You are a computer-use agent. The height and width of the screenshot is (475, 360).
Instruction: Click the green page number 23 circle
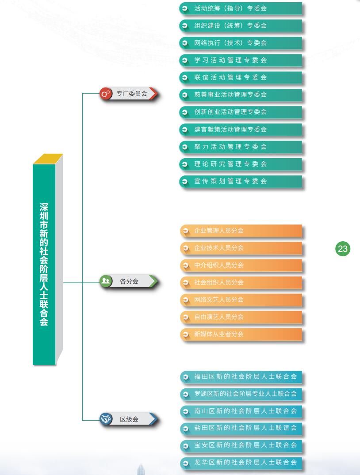point(343,249)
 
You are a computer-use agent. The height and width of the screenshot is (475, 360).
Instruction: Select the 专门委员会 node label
point(132,94)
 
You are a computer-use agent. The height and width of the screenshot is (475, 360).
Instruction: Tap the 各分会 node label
point(129,281)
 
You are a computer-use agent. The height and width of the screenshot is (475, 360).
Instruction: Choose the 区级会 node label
point(129,419)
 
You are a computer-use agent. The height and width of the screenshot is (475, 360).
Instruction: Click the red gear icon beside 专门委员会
point(106,94)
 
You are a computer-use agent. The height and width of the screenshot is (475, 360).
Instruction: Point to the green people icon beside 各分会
point(106,281)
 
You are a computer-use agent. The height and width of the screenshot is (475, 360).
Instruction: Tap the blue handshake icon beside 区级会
point(106,419)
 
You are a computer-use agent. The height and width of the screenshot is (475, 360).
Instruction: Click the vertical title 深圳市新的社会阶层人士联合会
point(44,264)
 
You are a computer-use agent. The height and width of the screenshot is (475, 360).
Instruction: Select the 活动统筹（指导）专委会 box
point(241,8)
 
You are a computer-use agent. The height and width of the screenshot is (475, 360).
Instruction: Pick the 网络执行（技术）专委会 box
point(241,43)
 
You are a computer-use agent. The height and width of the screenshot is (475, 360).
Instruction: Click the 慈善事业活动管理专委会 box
point(241,95)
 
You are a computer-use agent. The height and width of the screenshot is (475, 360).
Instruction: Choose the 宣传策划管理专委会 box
point(241,182)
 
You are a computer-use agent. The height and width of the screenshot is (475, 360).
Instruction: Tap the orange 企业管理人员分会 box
point(241,231)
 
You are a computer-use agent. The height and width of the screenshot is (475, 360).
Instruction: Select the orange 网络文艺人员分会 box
point(241,300)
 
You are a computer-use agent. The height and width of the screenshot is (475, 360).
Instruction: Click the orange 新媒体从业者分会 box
point(241,334)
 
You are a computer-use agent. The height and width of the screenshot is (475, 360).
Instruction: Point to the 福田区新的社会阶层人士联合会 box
point(241,377)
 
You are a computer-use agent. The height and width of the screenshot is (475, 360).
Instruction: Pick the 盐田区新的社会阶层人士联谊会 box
point(241,428)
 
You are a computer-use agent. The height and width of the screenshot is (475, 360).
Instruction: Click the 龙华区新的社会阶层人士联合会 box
point(241,463)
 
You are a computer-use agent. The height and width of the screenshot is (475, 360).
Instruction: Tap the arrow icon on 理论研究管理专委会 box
point(184,164)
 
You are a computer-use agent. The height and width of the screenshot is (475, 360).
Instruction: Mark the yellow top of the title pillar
point(48,159)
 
